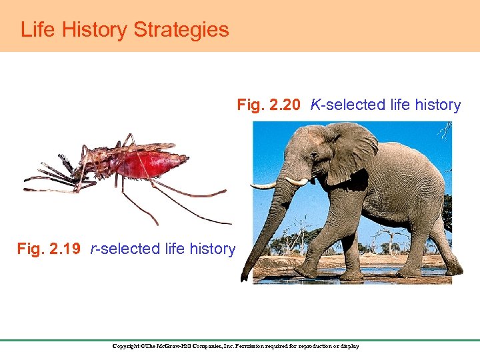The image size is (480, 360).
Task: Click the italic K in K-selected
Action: tap(315, 105)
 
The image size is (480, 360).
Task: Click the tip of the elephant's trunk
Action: tap(245, 277)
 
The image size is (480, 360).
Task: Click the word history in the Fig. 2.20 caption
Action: tap(436, 105)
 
